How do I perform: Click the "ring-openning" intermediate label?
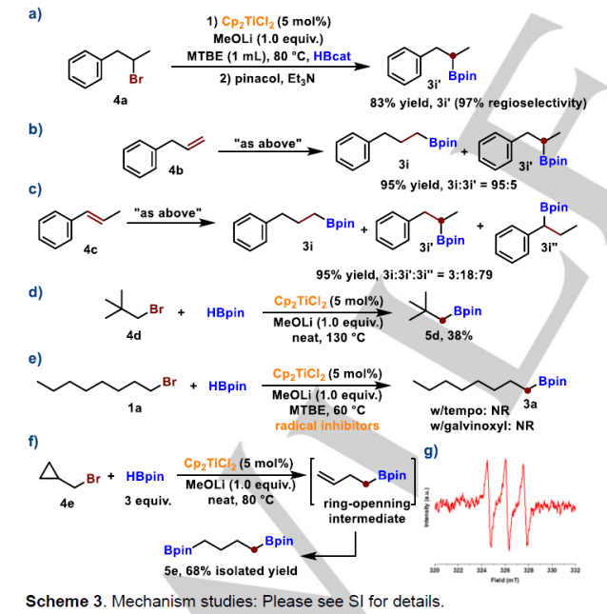click(x=366, y=505)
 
